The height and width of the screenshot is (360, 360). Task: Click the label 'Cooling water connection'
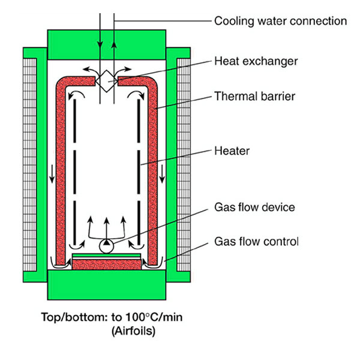click(x=280, y=22)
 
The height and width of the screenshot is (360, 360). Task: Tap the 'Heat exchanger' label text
click(x=256, y=61)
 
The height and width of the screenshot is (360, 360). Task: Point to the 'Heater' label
click(x=232, y=151)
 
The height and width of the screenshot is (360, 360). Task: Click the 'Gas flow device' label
click(x=256, y=207)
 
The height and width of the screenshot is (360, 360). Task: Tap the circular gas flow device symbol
click(x=107, y=245)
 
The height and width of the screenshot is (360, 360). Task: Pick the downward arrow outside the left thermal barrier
click(x=52, y=178)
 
